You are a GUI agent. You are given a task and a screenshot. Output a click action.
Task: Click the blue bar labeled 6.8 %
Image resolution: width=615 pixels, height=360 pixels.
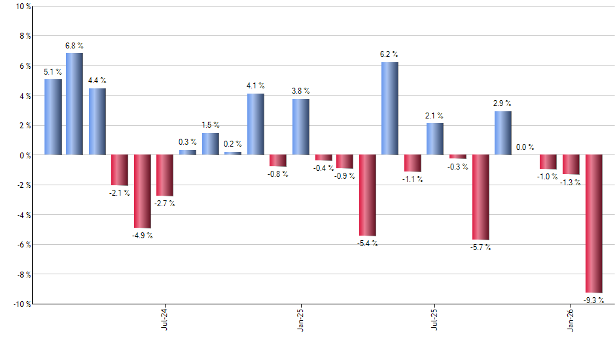pos(75,104)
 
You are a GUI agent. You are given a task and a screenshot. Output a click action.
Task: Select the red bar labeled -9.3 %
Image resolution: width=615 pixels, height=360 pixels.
pos(593,223)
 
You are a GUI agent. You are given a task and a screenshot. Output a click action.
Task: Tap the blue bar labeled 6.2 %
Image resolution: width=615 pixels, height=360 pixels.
pos(389,109)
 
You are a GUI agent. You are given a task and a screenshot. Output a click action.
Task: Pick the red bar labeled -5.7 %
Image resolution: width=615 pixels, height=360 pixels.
pos(481,197)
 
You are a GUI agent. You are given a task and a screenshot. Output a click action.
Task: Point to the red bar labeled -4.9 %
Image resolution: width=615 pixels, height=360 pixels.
pos(143,191)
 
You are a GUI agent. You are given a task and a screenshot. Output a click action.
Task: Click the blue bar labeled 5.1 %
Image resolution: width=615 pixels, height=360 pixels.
pos(53,117)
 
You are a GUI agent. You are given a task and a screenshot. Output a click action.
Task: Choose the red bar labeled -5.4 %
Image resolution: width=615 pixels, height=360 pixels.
pos(367,195)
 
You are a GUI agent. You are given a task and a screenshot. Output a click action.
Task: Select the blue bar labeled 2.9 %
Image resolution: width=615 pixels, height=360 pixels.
pos(502,133)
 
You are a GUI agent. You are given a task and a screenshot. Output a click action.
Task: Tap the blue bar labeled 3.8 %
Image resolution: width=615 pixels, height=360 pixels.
pos(300,126)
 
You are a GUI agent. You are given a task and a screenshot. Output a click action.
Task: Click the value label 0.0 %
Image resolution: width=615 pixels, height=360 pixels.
pos(525,147)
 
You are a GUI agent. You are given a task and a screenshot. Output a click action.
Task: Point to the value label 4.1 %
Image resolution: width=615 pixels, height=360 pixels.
pos(256,85)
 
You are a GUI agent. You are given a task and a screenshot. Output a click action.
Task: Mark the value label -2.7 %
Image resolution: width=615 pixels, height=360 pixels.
pos(164,204)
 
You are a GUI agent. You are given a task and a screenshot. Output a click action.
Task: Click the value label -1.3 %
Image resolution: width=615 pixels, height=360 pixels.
pos(571,183)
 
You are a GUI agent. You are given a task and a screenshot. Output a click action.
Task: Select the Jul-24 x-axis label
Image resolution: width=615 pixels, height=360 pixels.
pos(165,319)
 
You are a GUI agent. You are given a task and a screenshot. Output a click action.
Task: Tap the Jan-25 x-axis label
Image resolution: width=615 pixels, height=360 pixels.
pos(300,319)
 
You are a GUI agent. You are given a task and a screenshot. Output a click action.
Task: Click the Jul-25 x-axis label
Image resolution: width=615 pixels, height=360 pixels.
pos(435,319)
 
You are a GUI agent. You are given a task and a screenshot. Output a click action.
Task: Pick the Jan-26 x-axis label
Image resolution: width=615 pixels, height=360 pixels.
pos(571,319)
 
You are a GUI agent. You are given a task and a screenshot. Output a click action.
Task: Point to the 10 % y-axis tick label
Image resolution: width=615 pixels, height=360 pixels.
pos(23,7)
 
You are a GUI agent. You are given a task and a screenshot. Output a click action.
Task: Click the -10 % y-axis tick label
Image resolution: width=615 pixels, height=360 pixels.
pos(22,304)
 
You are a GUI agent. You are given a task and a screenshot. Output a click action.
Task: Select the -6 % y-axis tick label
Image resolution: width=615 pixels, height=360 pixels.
pos(23,245)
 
